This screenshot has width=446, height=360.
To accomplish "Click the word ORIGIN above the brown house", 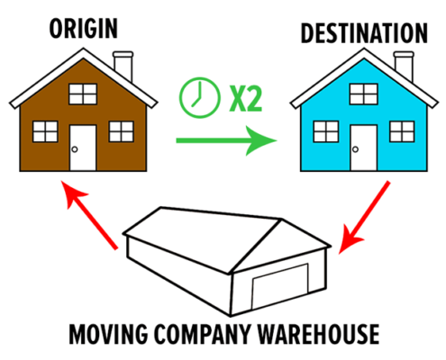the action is coord(83,28).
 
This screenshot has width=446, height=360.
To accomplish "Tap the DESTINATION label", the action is coord(364,33).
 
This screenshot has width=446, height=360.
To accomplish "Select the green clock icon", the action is coord(199,97).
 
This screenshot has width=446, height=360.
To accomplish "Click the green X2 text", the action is coord(245,98).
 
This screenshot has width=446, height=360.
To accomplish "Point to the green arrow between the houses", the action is coord(226,140).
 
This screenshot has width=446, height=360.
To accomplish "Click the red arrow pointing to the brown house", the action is coord(88,214).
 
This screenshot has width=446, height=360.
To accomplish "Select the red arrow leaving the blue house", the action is coord(364,218).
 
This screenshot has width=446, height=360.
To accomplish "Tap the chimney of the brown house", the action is coord(123,66).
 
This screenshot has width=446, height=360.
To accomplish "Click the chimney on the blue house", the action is coord(404,66).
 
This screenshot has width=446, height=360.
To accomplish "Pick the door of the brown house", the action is coord(83,148).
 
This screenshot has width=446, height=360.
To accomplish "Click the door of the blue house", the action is coord(363,148).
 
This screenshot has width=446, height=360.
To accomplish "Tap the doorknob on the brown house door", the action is coord(75,149).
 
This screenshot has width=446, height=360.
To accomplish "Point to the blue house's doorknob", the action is coord(355,149).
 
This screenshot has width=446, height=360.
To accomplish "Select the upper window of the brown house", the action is coord(83,94).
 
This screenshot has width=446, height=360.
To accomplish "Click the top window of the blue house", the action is coord(363,94).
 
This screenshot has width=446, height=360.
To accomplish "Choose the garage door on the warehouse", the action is coord(280,286).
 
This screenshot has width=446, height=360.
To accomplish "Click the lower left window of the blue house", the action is coord(326,131).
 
